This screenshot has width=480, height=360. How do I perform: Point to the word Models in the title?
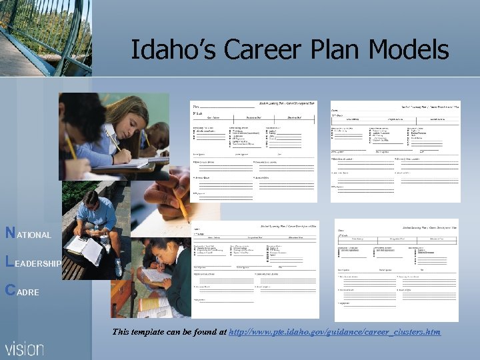[x=411, y=49]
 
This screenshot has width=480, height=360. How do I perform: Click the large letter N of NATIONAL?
[x=10, y=233]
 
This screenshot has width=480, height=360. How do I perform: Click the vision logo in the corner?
[x=24, y=348]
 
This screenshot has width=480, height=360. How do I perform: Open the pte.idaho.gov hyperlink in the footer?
[x=334, y=331]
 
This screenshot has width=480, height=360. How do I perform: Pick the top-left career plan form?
[x=253, y=151]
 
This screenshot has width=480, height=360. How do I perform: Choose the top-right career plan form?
[x=395, y=151]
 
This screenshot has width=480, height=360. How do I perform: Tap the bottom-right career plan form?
[x=396, y=270]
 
